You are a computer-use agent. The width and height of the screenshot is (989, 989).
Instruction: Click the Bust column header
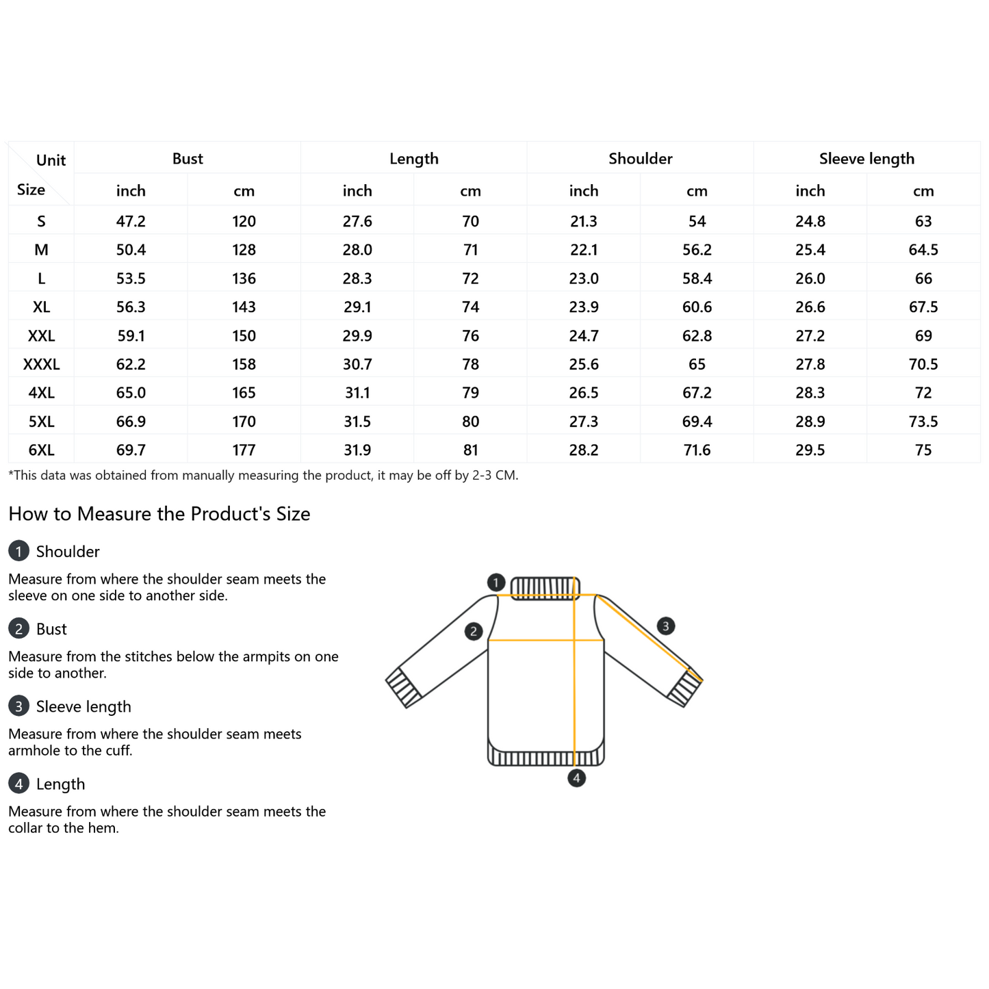point(188,159)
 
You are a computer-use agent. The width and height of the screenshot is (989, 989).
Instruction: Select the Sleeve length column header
point(866,159)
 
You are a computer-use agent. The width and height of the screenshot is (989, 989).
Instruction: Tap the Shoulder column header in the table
point(640,159)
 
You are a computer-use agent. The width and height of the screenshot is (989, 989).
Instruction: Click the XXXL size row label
point(41,364)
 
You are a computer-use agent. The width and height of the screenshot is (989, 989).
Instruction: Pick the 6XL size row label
point(41,450)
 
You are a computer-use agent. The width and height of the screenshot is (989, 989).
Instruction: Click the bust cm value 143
point(244,307)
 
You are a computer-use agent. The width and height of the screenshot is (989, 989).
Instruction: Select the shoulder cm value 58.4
point(697,279)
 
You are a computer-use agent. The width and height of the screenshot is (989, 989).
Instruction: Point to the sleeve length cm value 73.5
point(923,422)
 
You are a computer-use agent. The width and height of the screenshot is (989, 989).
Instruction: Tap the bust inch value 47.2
point(131,222)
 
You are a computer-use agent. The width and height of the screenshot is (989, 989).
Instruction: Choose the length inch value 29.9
point(357,336)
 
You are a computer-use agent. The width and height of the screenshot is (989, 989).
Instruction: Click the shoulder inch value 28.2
point(584,450)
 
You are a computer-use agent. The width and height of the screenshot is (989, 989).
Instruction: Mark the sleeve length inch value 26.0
point(810,279)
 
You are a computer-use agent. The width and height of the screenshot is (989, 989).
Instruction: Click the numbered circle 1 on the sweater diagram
point(496,582)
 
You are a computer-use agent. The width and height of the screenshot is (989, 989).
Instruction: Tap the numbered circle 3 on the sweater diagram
point(665,626)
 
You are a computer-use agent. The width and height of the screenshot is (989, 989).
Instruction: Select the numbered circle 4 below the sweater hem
point(576,778)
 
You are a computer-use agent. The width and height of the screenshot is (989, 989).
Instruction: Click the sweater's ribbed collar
point(545,588)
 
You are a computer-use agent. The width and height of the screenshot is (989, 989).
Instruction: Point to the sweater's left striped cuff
point(404,687)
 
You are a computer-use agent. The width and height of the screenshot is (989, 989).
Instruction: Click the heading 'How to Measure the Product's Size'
point(159,514)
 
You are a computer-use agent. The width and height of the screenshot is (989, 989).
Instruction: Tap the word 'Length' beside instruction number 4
point(60,784)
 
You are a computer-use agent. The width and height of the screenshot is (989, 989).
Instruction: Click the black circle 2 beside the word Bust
point(18,629)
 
